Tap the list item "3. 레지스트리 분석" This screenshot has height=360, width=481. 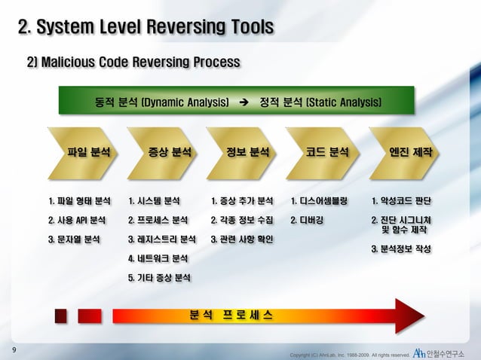pos(161,240)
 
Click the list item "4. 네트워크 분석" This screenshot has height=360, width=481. pos(158,260)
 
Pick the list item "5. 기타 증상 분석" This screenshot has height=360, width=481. pos(159,279)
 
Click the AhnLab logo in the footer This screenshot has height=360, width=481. pos(418,352)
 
